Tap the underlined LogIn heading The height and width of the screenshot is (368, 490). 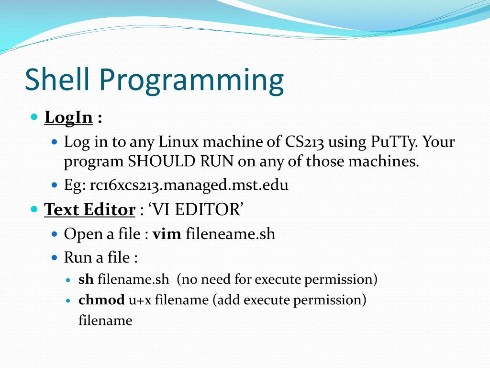[x=68, y=117]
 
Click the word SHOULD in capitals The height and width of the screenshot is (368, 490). [x=161, y=161]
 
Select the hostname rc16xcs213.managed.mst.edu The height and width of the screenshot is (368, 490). [x=189, y=185]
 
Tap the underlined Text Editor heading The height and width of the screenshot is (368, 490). [x=90, y=209]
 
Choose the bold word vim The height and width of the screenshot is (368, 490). [x=167, y=234]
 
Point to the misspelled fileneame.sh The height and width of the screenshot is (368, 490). [x=230, y=234]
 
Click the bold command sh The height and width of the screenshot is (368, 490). [x=86, y=279]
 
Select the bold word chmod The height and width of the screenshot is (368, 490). [x=101, y=300]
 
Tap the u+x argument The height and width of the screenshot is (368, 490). [x=140, y=300]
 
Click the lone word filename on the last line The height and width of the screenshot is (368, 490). [x=105, y=320]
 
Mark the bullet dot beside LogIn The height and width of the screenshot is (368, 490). [x=33, y=117]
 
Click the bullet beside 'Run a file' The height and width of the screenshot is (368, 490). [x=54, y=258]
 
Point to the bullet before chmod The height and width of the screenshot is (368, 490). [x=68, y=300]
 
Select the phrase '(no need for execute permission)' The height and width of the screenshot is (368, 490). [x=277, y=279]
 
